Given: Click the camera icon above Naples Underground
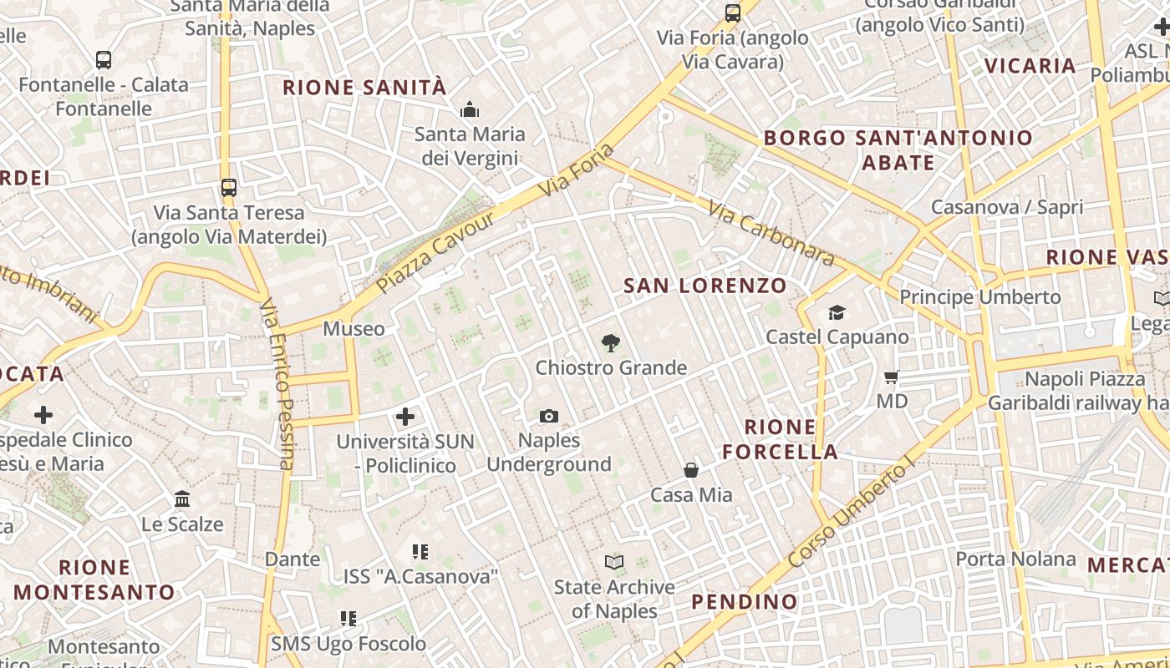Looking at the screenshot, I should click(x=549, y=416).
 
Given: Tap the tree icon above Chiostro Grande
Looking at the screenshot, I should click(x=611, y=342).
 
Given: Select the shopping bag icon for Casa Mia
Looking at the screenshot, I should click(x=691, y=470).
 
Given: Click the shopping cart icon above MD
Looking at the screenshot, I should click(x=892, y=377).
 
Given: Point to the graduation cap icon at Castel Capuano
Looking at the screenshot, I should click(x=837, y=312).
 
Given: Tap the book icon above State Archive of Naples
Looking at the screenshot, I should click(x=614, y=563).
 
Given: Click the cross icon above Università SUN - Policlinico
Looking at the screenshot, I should click(x=405, y=417).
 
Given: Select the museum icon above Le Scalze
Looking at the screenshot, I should click(x=182, y=499).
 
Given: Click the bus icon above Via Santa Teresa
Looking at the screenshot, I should click(x=228, y=188).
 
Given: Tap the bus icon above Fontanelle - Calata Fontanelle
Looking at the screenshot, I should click(x=104, y=60).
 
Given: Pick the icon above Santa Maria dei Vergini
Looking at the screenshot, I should click(x=470, y=109).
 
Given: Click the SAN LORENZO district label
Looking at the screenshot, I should click(x=705, y=286).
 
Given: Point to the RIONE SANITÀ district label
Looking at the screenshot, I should click(x=364, y=88).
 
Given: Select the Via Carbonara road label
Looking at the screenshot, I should click(x=771, y=233).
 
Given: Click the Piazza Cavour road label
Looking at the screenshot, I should click(x=436, y=250).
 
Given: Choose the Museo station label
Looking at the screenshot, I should click(x=354, y=329).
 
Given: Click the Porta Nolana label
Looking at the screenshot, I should click(x=1015, y=559).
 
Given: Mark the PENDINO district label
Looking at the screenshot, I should click(x=745, y=601).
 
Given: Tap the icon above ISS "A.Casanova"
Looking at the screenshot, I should click(x=420, y=551).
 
